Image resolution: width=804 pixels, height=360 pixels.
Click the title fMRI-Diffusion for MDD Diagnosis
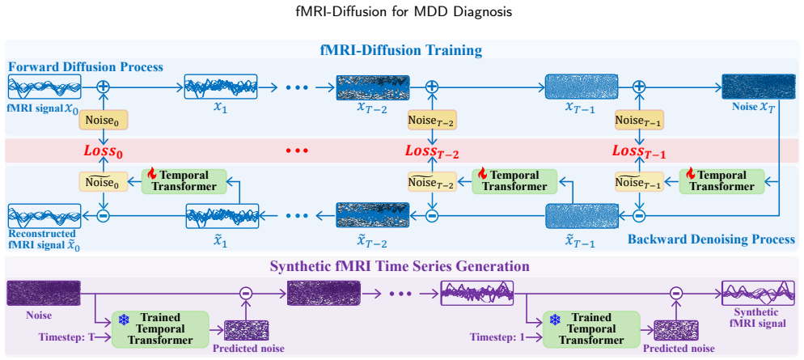[402, 12]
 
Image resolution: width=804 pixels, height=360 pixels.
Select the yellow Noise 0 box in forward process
[103, 121]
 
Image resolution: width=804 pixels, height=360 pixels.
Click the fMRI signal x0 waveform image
[44, 86]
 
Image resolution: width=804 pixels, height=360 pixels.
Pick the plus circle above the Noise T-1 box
[638, 87]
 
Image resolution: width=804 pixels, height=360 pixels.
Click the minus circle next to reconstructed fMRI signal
[103, 216]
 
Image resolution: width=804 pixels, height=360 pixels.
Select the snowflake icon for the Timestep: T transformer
[124, 320]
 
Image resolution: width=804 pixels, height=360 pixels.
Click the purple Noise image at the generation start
[44, 293]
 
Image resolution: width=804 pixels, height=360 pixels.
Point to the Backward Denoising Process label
[711, 239]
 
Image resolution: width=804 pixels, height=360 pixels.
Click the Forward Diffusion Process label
[86, 67]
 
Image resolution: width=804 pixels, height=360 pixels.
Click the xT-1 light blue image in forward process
[582, 86]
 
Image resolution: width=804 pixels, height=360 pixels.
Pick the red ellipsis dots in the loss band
[297, 151]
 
